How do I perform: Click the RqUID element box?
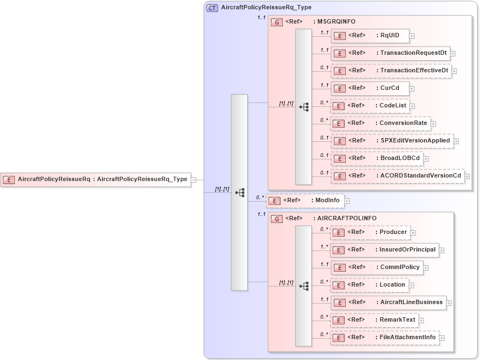pyautogui.click(x=370, y=36)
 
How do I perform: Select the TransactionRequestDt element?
pyautogui.click(x=391, y=53)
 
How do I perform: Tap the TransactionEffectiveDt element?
pyautogui.click(x=391, y=71)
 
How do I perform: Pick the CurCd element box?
pyautogui.click(x=370, y=88)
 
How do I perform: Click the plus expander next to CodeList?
pyautogui.click(x=413, y=106)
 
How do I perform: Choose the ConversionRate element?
pyautogui.click(x=380, y=123)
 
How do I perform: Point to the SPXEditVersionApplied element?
pyautogui.click(x=392, y=141)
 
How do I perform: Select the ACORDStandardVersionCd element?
pyautogui.click(x=397, y=176)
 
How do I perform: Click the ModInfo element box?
pyautogui.click(x=305, y=201)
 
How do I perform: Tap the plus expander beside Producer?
pyautogui.click(x=413, y=233)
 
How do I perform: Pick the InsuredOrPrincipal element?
pyautogui.click(x=385, y=250)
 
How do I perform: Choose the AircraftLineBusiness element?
pyautogui.click(x=388, y=302)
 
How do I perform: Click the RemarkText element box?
pyautogui.click(x=374, y=320)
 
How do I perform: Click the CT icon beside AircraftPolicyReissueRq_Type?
pyautogui.click(x=212, y=8)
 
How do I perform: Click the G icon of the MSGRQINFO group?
pyautogui.click(x=277, y=22)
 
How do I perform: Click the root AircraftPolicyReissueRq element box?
pyautogui.click(x=95, y=179)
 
